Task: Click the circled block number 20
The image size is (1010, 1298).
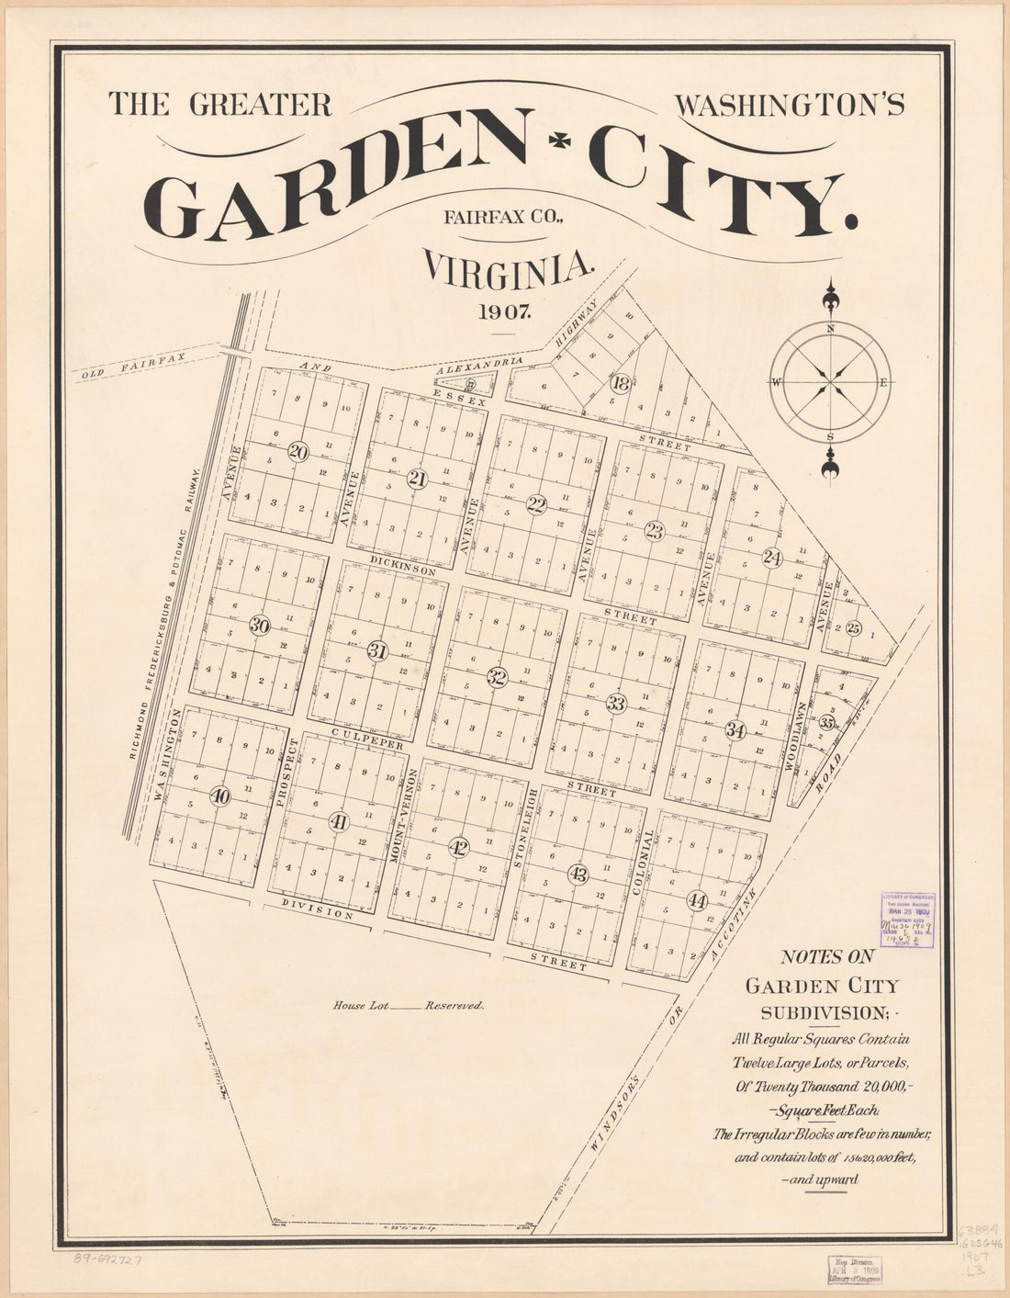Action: click(x=297, y=451)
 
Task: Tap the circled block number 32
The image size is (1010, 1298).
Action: click(x=497, y=678)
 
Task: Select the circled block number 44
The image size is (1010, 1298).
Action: click(x=697, y=900)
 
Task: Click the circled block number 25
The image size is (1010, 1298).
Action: click(x=854, y=628)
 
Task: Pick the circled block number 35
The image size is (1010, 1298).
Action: click(x=827, y=722)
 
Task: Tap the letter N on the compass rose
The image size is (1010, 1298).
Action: click(x=830, y=329)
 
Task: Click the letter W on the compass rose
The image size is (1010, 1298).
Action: click(x=776, y=383)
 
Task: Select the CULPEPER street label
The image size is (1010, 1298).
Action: click(x=367, y=739)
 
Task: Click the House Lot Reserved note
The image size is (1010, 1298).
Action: click(x=408, y=1006)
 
